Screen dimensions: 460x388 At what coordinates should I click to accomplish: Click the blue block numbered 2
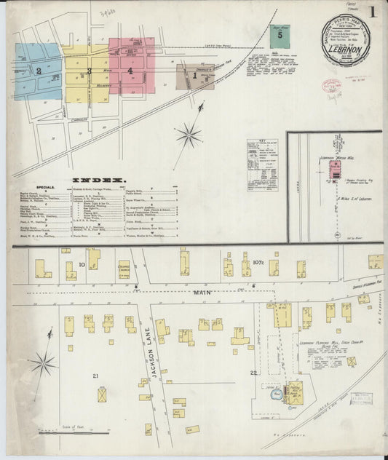(x=38, y=71)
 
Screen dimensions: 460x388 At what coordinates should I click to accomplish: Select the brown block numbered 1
(x=194, y=74)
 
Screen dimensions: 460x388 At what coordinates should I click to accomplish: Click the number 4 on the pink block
(x=130, y=71)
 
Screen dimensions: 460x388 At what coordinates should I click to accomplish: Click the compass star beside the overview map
(x=189, y=135)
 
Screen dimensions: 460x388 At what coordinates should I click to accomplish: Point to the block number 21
(x=95, y=376)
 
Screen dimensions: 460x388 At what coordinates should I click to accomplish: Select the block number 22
(x=253, y=373)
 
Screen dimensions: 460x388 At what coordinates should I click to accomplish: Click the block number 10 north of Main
(x=82, y=264)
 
